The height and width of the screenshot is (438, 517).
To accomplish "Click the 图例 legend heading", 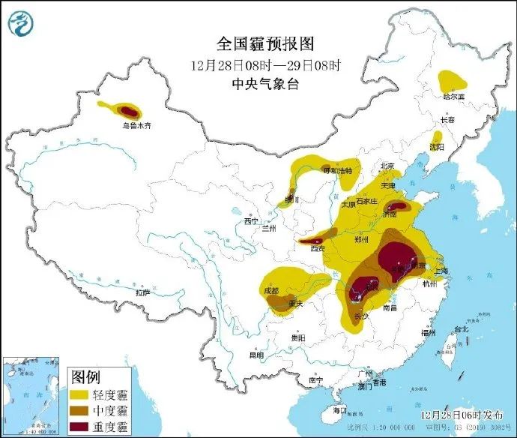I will click(x=86, y=375).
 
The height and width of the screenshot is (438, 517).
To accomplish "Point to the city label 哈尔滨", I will click(x=453, y=96).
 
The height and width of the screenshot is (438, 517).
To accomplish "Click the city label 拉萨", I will click(x=143, y=292).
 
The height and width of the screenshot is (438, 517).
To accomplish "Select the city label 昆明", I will click(x=257, y=355).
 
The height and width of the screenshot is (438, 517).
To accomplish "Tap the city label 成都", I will click(x=271, y=290).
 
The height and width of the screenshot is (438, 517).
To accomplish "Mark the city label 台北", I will click(x=460, y=328).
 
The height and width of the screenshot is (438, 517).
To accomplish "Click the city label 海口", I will click(x=340, y=410).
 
